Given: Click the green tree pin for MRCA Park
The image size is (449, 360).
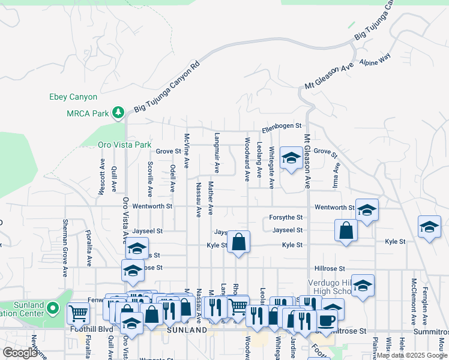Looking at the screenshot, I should tap(119, 112).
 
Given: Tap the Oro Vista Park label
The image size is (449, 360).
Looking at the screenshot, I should tap(125, 145).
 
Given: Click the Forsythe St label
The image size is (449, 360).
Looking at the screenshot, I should tap(288, 218).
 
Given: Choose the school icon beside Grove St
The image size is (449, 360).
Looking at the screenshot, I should tap(291, 158).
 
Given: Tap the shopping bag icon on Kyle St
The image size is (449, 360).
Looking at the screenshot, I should tap(238, 242).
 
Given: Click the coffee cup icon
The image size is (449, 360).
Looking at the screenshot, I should tap(327, 320).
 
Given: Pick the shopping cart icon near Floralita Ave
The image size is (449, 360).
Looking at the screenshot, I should tap(78, 313).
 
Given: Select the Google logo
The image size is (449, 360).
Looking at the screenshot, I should tap(19, 353).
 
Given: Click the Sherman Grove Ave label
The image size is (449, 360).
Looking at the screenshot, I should tap(65, 248).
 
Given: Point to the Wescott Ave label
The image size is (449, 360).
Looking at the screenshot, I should tap(102, 175).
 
